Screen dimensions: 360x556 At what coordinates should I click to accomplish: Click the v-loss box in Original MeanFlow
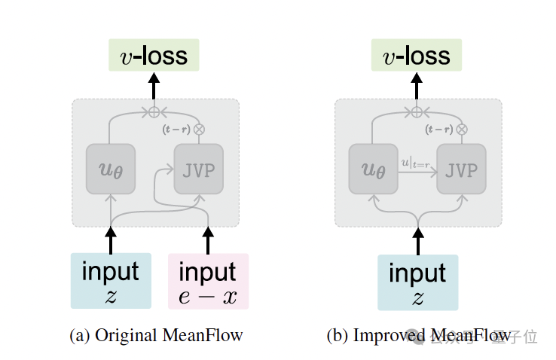coord(154,56)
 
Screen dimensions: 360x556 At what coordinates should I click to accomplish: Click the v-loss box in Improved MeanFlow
coord(416,56)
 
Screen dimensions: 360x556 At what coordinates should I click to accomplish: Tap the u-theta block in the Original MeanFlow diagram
coord(110,169)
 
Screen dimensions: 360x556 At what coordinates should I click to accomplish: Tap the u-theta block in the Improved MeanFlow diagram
coord(373,169)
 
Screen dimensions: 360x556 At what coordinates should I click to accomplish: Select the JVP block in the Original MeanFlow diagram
coord(199,169)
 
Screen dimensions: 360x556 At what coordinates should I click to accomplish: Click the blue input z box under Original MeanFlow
coord(111,281)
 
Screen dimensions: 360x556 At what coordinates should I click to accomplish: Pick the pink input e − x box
coord(208,281)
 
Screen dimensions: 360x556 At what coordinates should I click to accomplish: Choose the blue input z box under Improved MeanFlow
coord(417,281)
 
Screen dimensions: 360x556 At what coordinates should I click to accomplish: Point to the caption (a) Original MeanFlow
coord(156,336)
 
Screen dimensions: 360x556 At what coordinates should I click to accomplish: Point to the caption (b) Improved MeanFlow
coord(419,336)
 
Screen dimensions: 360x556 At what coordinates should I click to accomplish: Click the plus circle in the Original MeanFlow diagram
coord(154,111)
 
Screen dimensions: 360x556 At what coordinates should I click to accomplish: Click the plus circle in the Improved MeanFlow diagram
coord(417,111)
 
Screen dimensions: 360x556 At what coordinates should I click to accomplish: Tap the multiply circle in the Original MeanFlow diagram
coord(199,129)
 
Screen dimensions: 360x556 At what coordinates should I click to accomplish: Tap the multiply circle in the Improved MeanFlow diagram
coord(461,129)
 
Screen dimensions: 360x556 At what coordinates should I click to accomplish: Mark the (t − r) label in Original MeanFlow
coord(176,130)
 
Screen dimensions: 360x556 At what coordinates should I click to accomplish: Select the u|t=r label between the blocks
coord(416,163)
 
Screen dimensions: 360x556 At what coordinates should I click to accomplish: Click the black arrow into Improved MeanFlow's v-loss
coord(417,87)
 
